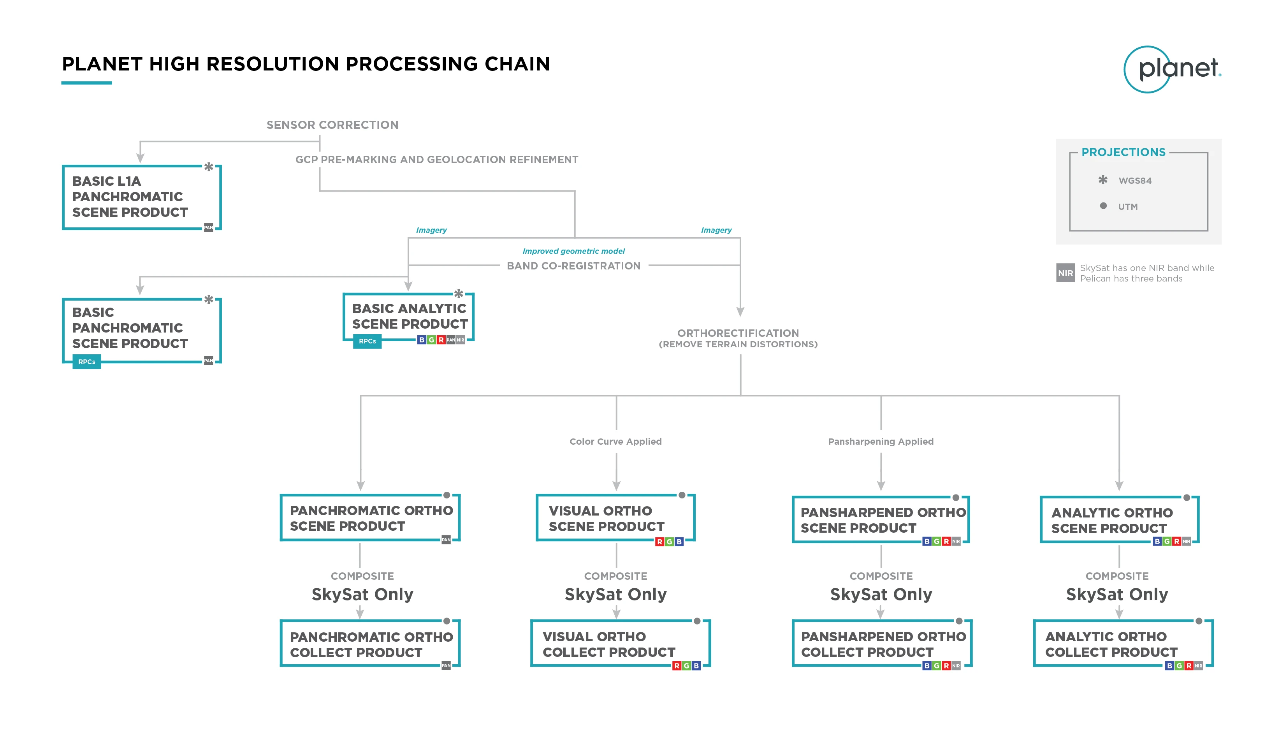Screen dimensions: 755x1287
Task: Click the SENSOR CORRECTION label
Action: click(x=332, y=125)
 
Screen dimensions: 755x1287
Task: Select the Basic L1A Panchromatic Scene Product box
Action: click(x=141, y=197)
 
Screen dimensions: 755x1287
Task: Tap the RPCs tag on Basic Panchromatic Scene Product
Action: click(x=87, y=362)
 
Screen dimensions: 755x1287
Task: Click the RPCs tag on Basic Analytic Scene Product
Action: click(x=367, y=341)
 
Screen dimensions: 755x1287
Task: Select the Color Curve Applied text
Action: click(x=615, y=441)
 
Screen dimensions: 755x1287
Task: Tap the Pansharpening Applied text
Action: click(x=881, y=441)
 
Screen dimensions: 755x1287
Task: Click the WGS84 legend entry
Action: click(x=1134, y=181)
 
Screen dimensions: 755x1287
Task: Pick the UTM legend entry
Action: click(x=1128, y=207)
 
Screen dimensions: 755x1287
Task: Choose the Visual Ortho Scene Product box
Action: click(x=615, y=518)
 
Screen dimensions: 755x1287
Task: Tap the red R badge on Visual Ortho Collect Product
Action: click(x=677, y=665)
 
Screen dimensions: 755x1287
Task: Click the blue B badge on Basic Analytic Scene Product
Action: click(x=421, y=340)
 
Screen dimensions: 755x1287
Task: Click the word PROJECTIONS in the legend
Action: click(x=1123, y=152)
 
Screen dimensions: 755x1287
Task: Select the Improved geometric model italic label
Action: click(x=573, y=251)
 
